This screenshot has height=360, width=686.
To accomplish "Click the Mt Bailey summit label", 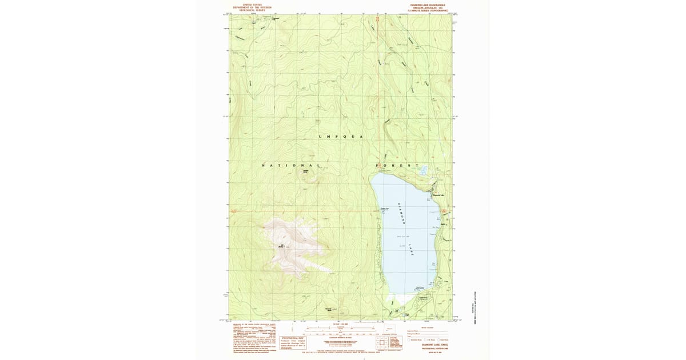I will [x=281, y=246].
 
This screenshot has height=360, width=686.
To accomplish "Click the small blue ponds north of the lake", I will [x=423, y=170].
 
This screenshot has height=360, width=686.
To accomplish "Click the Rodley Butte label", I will [x=306, y=171].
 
